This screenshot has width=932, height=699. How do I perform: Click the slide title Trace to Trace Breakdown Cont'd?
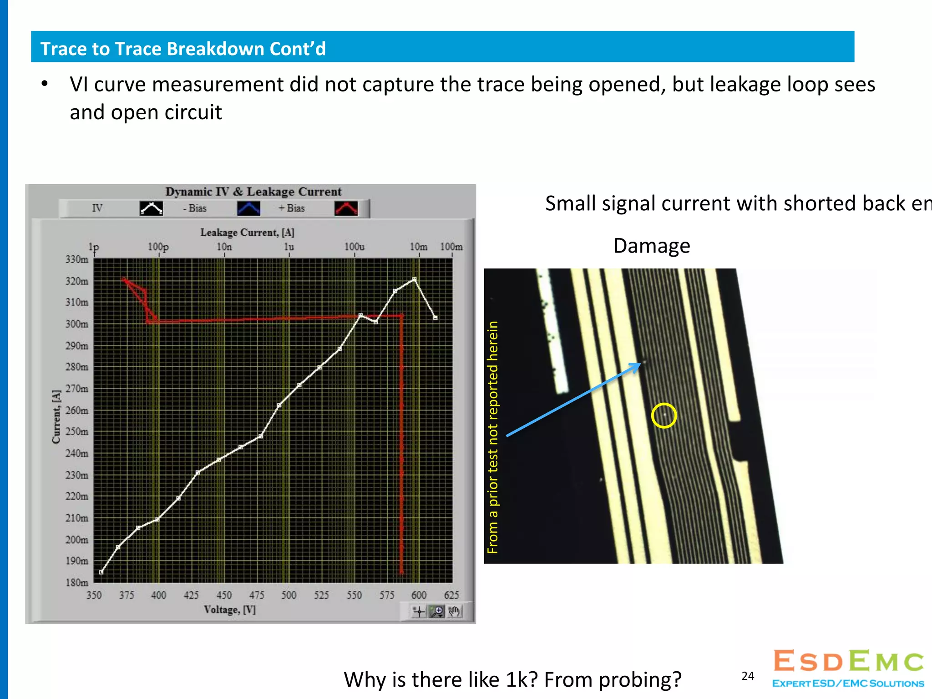(x=183, y=49)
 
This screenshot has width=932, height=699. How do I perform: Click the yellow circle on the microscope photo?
(x=664, y=415)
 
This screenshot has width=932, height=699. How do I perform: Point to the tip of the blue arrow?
(x=640, y=364)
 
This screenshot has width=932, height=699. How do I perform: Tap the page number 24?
(x=748, y=676)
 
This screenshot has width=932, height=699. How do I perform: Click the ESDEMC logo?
(x=848, y=668)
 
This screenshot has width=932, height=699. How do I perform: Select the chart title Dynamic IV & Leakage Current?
(x=253, y=192)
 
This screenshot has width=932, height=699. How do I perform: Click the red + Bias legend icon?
(x=346, y=208)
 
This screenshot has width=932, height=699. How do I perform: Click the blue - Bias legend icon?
(x=248, y=208)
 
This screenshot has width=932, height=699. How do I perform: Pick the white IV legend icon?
(x=151, y=208)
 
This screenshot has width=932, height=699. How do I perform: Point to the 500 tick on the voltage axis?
(x=289, y=595)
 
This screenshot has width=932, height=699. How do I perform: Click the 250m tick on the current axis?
(x=77, y=431)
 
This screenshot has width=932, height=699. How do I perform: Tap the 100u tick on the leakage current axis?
(x=354, y=247)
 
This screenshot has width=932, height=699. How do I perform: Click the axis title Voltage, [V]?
(x=229, y=610)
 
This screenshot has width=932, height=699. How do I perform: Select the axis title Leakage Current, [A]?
(x=247, y=233)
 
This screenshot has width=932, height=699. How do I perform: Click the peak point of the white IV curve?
(x=414, y=279)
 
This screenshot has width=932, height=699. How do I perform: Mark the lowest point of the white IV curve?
(x=101, y=572)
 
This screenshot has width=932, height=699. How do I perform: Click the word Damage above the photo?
(x=652, y=246)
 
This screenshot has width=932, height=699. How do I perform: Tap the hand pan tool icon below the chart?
(x=454, y=611)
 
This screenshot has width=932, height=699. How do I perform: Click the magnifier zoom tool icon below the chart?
(x=437, y=611)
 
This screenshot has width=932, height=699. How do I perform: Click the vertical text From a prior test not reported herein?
(x=493, y=437)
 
